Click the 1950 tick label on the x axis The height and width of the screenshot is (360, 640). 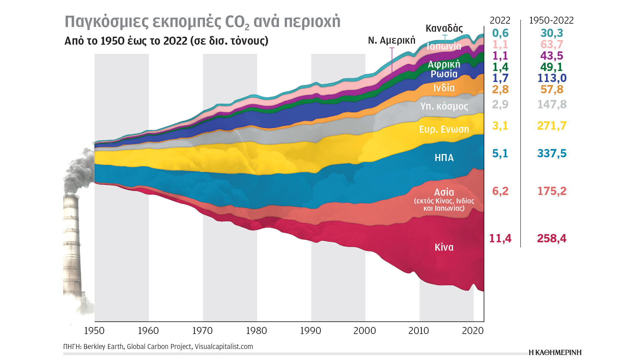pyautogui.click(x=94, y=331)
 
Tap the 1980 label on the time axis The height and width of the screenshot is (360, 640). pyautogui.click(x=256, y=331)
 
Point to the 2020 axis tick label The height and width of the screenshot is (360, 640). pyautogui.click(x=473, y=331)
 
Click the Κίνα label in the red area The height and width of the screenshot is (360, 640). pyautogui.click(x=444, y=247)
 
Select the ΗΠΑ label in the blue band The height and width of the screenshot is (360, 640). pyautogui.click(x=444, y=158)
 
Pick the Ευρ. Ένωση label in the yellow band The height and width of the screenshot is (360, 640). pyautogui.click(x=444, y=129)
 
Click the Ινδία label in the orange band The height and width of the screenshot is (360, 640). pyautogui.click(x=444, y=88)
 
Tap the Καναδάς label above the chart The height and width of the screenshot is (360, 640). pyautogui.click(x=444, y=28)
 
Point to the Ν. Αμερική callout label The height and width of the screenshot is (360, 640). pyautogui.click(x=392, y=41)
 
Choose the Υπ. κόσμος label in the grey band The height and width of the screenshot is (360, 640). pyautogui.click(x=444, y=106)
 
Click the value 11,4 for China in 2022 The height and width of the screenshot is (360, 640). pyautogui.click(x=500, y=238)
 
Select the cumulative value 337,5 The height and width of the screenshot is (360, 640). pyautogui.click(x=552, y=153)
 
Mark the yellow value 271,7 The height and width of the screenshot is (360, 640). pyautogui.click(x=552, y=126)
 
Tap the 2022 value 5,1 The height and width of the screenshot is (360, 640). pyautogui.click(x=500, y=153)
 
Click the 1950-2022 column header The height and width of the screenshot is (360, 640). pyautogui.click(x=551, y=21)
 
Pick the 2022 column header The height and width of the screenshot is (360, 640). pyautogui.click(x=500, y=21)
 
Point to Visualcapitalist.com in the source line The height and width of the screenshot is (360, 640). pyautogui.click(x=224, y=347)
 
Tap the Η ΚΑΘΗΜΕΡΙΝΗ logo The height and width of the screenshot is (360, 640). pyautogui.click(x=555, y=353)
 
